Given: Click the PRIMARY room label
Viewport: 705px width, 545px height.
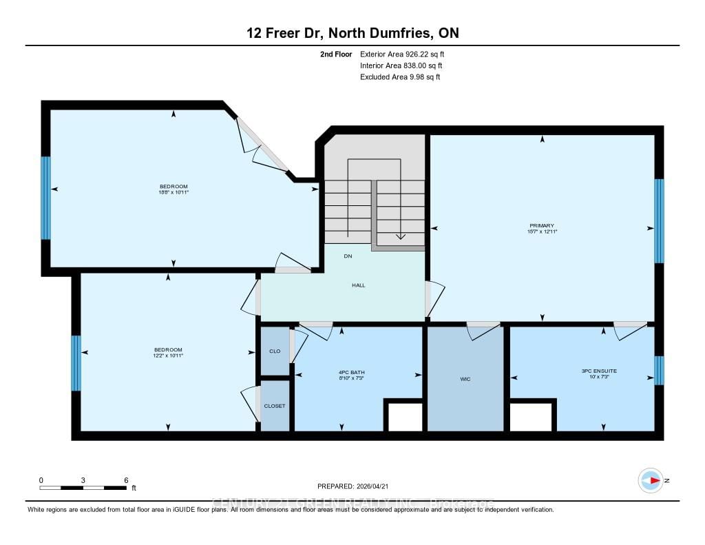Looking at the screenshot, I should point(543,225).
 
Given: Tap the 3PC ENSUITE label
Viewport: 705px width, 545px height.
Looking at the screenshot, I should point(599,371).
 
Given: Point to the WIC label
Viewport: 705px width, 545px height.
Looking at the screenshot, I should point(466,378).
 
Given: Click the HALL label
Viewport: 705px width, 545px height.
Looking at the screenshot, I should point(358,285).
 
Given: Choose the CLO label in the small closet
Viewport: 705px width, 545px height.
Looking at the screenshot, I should point(275,351).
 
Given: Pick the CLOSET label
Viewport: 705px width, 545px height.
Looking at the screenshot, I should point(275,406).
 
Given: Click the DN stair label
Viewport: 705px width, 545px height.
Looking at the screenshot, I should point(348,256).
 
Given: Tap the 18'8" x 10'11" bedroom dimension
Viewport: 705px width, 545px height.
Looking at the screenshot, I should point(173,192).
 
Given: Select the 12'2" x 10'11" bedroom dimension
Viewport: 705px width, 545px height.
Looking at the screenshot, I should point(168,356).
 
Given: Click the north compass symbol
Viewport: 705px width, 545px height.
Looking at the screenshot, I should point(650,480).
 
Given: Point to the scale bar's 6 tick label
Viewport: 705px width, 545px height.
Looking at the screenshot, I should point(125,480).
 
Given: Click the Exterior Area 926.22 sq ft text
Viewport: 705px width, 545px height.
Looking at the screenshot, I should point(407,54).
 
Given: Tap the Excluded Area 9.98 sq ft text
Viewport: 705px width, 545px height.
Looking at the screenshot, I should point(400,77).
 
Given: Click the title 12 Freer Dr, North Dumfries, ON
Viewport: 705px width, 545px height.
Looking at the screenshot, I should point(352,32).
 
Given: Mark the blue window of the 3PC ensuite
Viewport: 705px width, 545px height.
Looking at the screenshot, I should point(659,370).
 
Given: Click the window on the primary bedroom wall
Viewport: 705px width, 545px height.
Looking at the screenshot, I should point(659,221).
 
